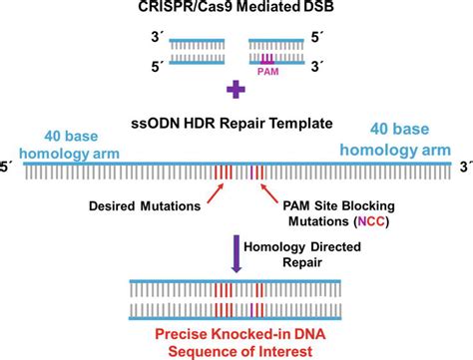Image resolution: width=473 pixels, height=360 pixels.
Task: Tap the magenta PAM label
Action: click(268, 72)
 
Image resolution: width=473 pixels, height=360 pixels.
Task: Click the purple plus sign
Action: click(236, 93)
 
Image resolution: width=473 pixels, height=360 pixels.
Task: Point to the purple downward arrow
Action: click(236, 251)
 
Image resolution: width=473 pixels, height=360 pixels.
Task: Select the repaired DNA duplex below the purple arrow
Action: click(236, 296)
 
